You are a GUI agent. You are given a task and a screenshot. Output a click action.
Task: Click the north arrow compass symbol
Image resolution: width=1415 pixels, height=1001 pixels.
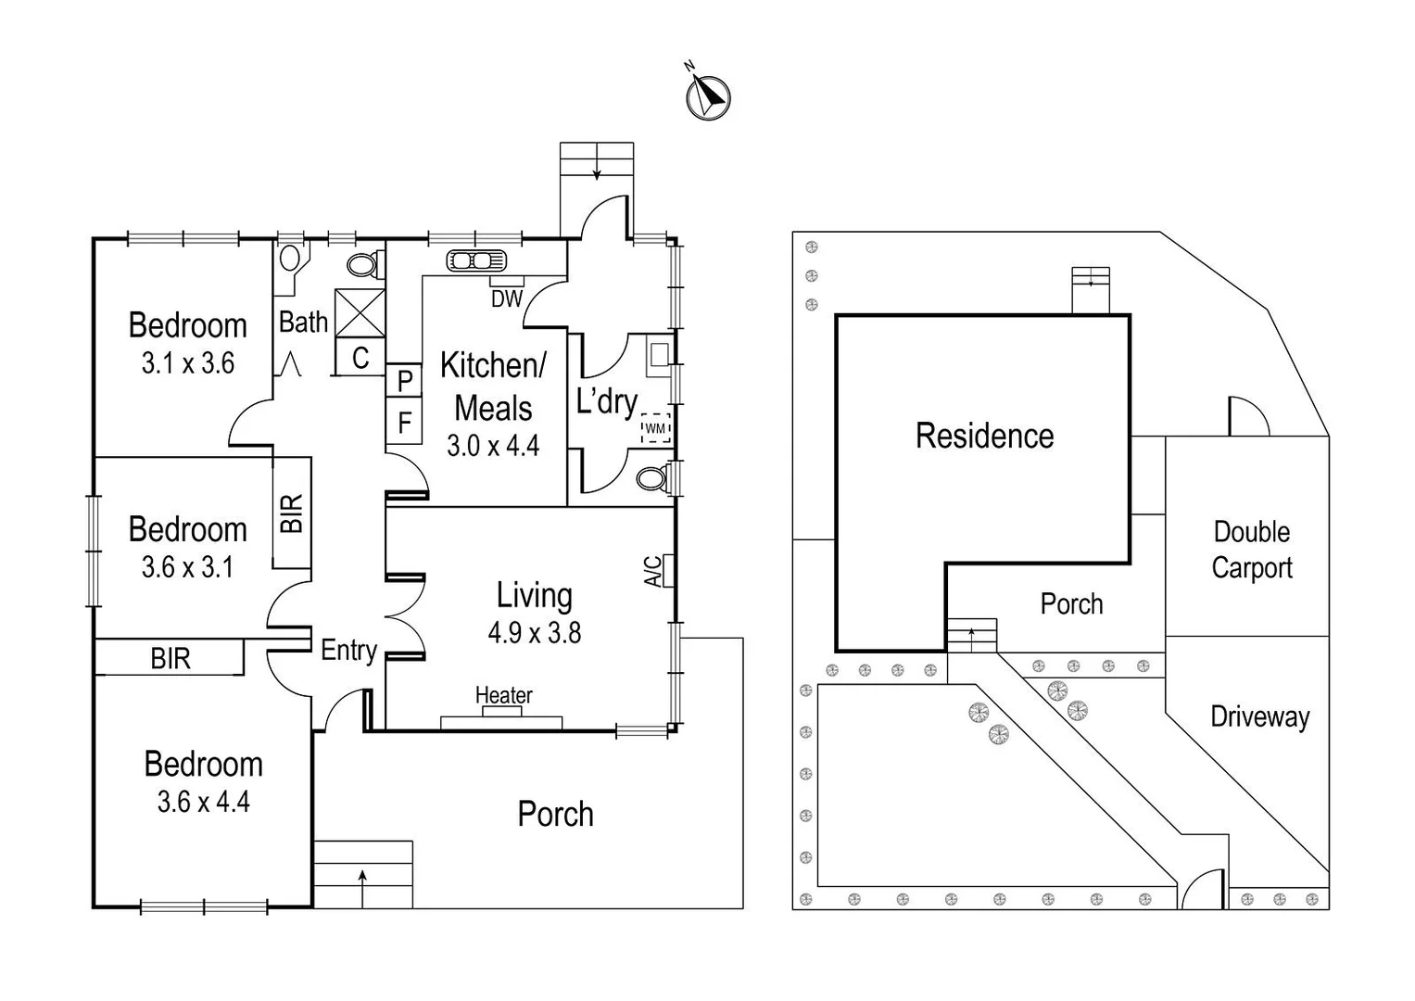[x=708, y=96]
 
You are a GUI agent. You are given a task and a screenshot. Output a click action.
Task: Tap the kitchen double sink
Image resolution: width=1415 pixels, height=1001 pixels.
[x=475, y=260]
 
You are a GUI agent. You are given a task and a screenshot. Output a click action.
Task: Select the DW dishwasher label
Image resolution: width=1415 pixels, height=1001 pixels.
[x=507, y=298]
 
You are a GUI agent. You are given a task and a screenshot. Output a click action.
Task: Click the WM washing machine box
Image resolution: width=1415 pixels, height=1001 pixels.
[x=655, y=428]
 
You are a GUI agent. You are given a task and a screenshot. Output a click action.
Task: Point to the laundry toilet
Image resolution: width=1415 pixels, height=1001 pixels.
[x=652, y=478]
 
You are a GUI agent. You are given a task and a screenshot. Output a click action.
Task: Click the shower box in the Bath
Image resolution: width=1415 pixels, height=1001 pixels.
[x=360, y=312]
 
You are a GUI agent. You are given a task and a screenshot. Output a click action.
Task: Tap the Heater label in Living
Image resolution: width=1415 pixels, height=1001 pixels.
[x=503, y=695]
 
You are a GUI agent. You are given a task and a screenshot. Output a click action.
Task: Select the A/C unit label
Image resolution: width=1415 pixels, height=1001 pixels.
[x=653, y=571]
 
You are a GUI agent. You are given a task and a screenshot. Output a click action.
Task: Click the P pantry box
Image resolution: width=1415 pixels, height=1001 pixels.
[x=404, y=380]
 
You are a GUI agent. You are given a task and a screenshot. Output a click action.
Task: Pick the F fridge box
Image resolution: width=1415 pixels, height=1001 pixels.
[x=404, y=423]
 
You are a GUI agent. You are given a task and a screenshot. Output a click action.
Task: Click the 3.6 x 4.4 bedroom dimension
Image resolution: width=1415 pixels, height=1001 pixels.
[x=203, y=802]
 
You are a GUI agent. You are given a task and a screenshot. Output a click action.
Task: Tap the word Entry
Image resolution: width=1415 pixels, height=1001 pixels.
[x=348, y=651]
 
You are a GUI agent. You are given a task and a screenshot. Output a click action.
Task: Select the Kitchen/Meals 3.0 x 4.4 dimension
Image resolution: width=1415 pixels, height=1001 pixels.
[x=493, y=446]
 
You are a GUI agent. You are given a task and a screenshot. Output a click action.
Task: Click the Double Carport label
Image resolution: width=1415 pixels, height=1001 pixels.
[x=1251, y=550]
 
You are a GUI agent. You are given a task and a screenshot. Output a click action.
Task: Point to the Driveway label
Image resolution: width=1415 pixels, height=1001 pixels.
[x=1259, y=716]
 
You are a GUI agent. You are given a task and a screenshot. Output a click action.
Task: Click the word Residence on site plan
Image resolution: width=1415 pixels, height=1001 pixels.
[x=984, y=436]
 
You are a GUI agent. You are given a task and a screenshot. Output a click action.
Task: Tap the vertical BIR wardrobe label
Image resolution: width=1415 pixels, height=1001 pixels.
[x=291, y=513]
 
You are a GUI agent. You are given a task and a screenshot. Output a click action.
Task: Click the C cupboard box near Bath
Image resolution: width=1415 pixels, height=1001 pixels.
[x=360, y=358]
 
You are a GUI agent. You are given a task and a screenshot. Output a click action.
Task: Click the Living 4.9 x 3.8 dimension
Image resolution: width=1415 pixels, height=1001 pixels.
[x=534, y=633]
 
